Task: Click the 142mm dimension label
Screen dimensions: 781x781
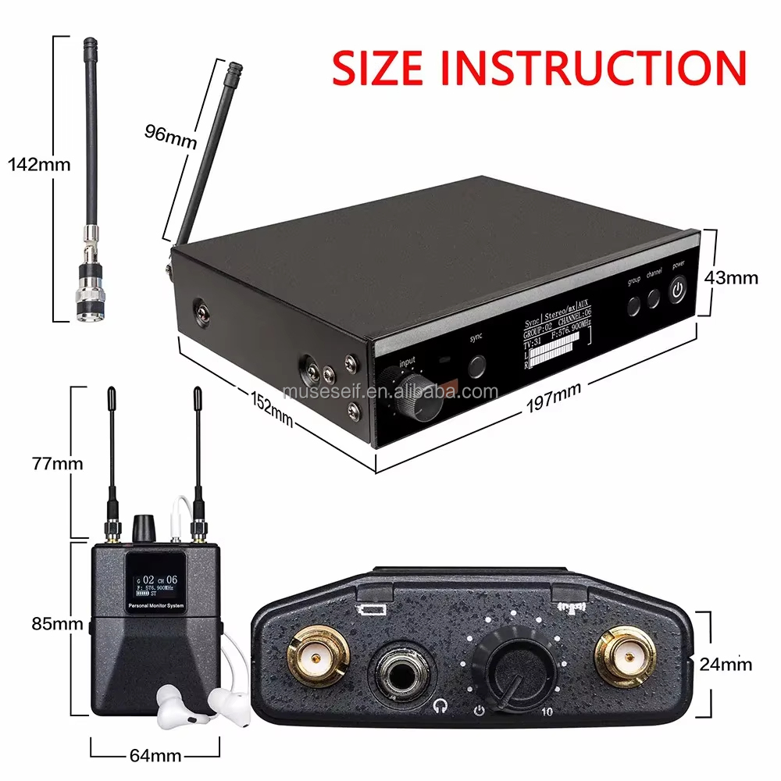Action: [x=38, y=164]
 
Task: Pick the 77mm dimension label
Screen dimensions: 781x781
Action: [x=59, y=463]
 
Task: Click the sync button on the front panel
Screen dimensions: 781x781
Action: [x=476, y=365]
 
